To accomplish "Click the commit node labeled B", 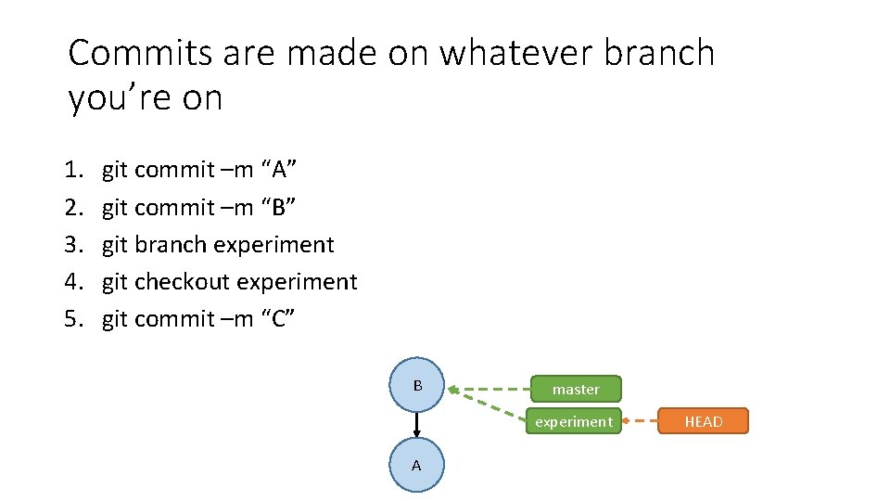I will tap(417, 385).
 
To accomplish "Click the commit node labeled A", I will tap(416, 465).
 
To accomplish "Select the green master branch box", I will tap(576, 390).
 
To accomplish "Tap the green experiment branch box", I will tap(575, 422).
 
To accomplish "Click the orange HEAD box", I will tap(703, 422).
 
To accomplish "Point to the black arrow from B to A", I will tap(417, 425).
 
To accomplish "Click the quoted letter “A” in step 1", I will tap(279, 170).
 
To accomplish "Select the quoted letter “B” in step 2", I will tap(279, 207).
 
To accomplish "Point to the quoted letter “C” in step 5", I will tap(279, 319).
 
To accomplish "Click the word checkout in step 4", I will tap(182, 282).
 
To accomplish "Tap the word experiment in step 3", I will tap(273, 245).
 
